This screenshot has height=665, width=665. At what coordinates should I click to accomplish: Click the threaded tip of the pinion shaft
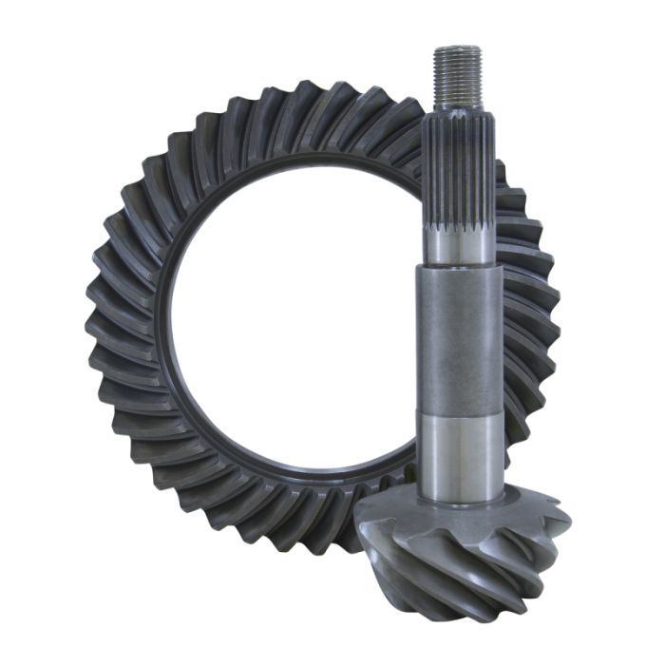(457, 76)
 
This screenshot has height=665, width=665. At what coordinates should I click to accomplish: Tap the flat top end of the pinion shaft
(457, 47)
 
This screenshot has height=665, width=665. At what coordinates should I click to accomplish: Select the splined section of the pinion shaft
(457, 171)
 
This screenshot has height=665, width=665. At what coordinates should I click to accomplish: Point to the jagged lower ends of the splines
(457, 229)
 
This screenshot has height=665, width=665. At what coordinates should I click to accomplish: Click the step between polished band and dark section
(458, 266)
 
